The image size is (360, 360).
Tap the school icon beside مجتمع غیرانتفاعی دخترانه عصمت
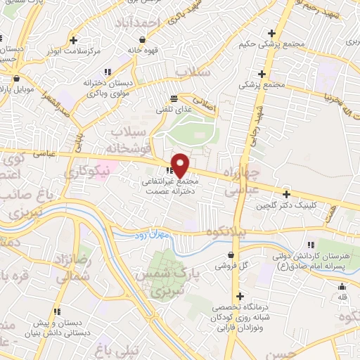coord(169,171)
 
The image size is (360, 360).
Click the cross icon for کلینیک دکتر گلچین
coord(286,194)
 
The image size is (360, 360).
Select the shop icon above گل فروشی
coord(231,255)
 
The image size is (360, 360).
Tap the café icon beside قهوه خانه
coord(131,39)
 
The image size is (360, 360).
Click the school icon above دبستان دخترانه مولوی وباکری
coord(108,72)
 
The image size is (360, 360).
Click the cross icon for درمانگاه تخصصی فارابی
coord(240,297)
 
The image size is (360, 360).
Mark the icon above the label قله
coord(342,286)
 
